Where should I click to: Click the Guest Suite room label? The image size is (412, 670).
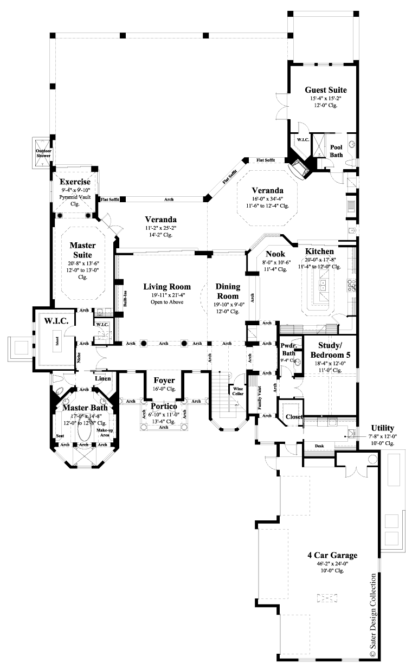point(325,90)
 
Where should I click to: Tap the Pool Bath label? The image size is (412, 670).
point(336,151)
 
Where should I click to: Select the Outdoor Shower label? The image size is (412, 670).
point(43,153)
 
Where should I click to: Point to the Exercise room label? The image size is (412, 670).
point(75,182)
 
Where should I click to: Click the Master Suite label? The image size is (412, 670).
point(82,249)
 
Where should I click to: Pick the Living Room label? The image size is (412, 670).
point(166,286)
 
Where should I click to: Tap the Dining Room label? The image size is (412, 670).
point(227,291)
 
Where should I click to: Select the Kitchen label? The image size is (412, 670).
point(319,252)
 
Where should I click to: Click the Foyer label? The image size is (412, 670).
point(164,381)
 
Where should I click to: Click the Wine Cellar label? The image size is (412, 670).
point(238,392)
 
